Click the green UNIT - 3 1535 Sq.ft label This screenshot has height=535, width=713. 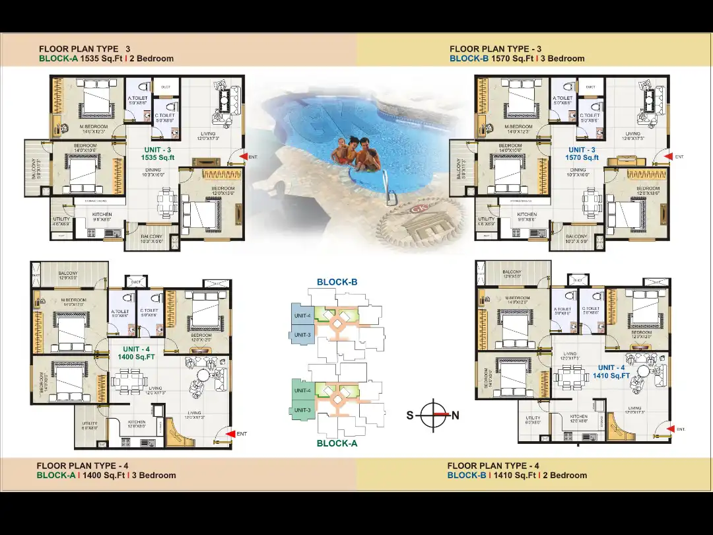(x=158, y=154)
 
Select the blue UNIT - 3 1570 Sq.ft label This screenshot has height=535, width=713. (x=582, y=154)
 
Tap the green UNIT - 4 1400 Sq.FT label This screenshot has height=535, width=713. (x=136, y=353)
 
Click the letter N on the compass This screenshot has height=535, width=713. (x=456, y=415)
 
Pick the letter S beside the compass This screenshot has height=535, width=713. (x=409, y=415)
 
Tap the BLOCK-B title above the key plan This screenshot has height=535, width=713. (x=337, y=282)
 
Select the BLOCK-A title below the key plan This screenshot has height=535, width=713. (x=337, y=443)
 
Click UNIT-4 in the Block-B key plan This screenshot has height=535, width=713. (x=302, y=315)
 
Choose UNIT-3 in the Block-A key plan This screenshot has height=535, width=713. (x=302, y=411)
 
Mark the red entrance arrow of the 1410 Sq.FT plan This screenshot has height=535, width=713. (x=669, y=429)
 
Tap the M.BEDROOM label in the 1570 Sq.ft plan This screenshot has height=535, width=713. (x=518, y=126)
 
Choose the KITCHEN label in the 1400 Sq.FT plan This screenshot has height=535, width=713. (x=136, y=422)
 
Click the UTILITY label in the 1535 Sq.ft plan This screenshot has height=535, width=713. (x=61, y=219)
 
